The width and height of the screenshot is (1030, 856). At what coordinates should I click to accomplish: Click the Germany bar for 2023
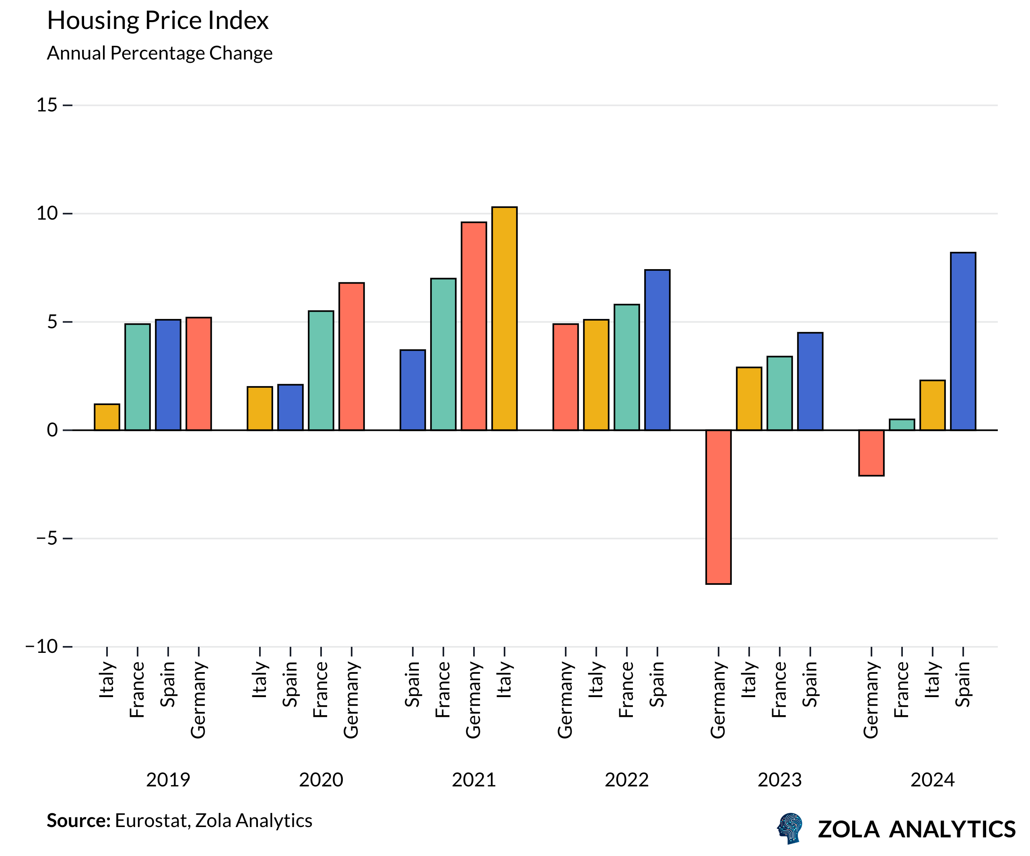coord(718,506)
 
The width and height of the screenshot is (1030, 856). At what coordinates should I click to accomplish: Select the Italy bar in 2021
coord(504,319)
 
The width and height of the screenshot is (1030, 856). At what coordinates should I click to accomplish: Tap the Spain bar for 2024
coord(963,341)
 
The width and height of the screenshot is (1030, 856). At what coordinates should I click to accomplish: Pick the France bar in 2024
coord(902,424)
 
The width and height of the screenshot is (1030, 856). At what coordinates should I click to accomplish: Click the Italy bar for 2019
coord(107,417)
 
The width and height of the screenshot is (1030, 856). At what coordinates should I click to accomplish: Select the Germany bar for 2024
coord(871,453)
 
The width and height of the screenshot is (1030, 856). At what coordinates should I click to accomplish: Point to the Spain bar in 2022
coord(657,350)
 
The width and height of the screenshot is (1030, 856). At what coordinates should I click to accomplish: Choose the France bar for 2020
coord(321,370)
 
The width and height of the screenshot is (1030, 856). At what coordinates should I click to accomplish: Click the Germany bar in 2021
coord(474,326)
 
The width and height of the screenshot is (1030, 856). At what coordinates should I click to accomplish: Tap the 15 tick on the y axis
coord(47,105)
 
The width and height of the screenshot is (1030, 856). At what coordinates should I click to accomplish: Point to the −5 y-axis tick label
coord(47,538)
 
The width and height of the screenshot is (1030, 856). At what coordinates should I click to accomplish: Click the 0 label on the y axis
coord(52,430)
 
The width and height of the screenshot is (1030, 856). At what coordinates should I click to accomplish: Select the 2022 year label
coord(626,780)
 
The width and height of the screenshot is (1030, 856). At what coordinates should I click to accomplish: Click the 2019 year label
coord(168,780)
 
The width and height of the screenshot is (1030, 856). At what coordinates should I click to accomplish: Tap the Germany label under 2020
coord(351,700)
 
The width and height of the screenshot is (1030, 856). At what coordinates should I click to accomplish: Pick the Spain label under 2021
coord(412,684)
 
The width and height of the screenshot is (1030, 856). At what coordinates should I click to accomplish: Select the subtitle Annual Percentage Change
coord(159,53)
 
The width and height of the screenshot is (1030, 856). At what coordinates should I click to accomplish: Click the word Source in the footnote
coord(78,821)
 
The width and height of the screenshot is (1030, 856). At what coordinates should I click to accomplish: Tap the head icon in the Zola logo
coord(790,828)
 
